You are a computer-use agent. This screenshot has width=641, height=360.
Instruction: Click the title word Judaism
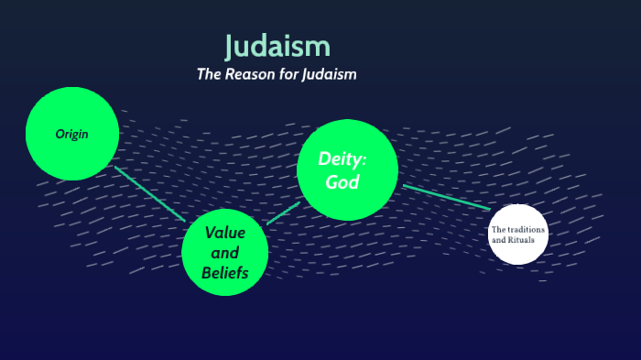click(x=277, y=46)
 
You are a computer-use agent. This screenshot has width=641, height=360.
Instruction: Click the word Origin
click(x=72, y=135)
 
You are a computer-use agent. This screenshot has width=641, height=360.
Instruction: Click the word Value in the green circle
click(x=225, y=232)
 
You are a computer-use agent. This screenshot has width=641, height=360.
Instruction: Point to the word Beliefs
click(x=225, y=272)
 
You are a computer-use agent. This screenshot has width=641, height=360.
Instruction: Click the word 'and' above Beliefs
click(x=225, y=252)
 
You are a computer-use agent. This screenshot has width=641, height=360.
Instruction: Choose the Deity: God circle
click(x=347, y=170)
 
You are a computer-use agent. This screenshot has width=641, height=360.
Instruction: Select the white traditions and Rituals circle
click(x=518, y=234)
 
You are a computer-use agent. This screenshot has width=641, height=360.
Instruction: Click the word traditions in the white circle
click(x=527, y=229)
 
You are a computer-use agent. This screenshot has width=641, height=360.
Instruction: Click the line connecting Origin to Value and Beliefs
click(x=150, y=193)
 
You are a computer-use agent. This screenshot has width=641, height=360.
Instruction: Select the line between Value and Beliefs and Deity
click(x=284, y=213)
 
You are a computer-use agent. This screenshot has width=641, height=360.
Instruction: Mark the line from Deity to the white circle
click(x=446, y=197)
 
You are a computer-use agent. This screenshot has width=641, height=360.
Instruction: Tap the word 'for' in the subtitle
click(x=287, y=74)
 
